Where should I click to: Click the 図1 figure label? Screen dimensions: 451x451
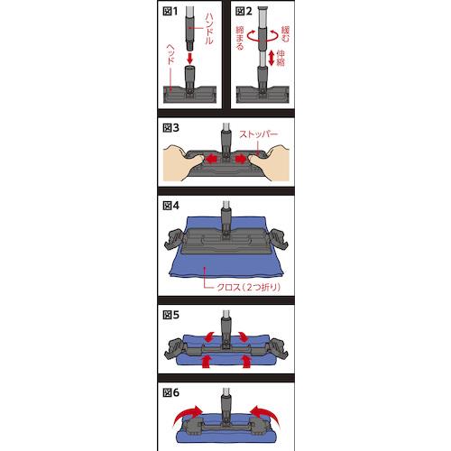pyautogui.click(x=170, y=12)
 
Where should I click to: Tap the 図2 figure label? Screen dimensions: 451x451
pyautogui.click(x=244, y=12)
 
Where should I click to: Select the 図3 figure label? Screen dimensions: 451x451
pyautogui.click(x=170, y=128)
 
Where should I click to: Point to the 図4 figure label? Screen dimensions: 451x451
pyautogui.click(x=170, y=206)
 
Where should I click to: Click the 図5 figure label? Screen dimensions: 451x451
pyautogui.click(x=170, y=315)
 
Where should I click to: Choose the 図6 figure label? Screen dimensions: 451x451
pyautogui.click(x=170, y=392)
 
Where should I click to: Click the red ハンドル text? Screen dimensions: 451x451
pyautogui.click(x=209, y=29)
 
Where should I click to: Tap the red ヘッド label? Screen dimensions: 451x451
pyautogui.click(x=170, y=54)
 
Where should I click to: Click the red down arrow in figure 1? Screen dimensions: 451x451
pyautogui.click(x=189, y=58)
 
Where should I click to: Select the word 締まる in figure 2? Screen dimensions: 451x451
pyautogui.click(x=240, y=38)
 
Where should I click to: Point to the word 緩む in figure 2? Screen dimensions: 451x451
pyautogui.click(x=286, y=34)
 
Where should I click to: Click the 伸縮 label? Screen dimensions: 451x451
pyautogui.click(x=281, y=58)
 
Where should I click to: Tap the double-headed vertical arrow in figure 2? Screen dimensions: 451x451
pyautogui.click(x=272, y=58)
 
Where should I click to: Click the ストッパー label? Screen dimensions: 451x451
pyautogui.click(x=258, y=134)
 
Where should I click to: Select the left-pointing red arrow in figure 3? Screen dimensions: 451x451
pyautogui.click(x=211, y=159)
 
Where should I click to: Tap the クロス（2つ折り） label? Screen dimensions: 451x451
pyautogui.click(x=249, y=287)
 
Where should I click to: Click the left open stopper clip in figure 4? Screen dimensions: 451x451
pyautogui.click(x=175, y=240)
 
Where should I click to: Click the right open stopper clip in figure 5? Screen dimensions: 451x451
pyautogui.click(x=277, y=349)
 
